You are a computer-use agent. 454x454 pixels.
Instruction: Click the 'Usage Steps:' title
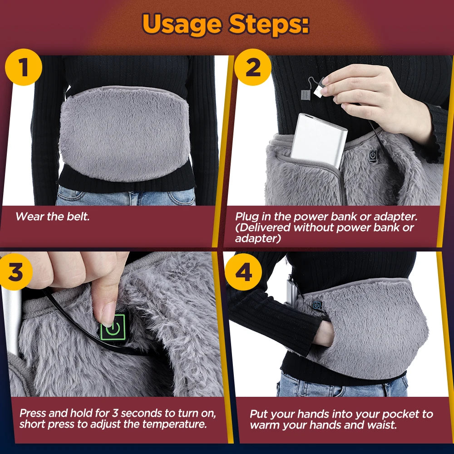[x=226, y=25]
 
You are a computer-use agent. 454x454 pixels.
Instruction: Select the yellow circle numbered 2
[x=253, y=68]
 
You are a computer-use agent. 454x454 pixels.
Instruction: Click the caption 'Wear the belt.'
[x=53, y=217]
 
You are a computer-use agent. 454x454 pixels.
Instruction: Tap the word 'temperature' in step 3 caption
[x=175, y=425]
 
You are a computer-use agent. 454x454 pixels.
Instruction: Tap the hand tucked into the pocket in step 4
[x=325, y=334]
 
